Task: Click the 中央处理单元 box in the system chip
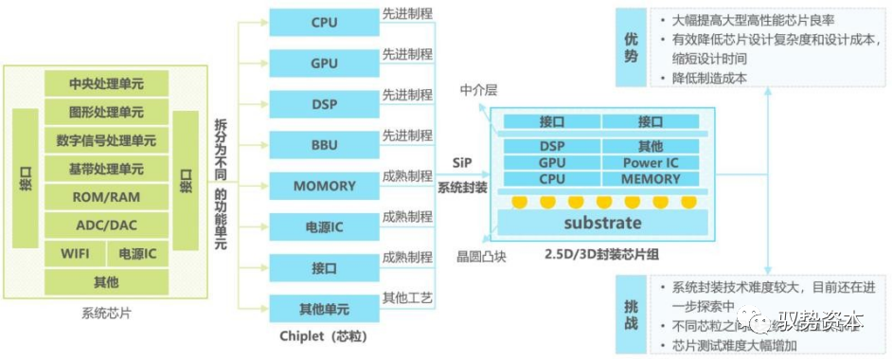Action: pos(106,83)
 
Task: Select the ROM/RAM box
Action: pos(106,197)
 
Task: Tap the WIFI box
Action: pos(73,254)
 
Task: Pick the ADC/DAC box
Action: pos(106,225)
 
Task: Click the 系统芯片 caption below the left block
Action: pos(106,312)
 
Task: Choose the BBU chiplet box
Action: pos(323,145)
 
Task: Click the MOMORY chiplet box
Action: pos(323,186)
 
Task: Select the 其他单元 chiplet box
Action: pos(323,309)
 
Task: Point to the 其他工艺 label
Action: pos(407,299)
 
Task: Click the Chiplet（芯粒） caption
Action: pos(323,335)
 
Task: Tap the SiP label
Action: pos(462,163)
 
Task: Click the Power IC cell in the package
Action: pos(651,162)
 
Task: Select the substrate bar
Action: pos(602,224)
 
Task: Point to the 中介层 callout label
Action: pos(478,90)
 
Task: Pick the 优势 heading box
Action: pos(631,48)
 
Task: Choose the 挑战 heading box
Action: pos(631,315)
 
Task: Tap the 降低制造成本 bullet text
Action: pos(710,78)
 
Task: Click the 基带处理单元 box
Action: pos(106,169)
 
